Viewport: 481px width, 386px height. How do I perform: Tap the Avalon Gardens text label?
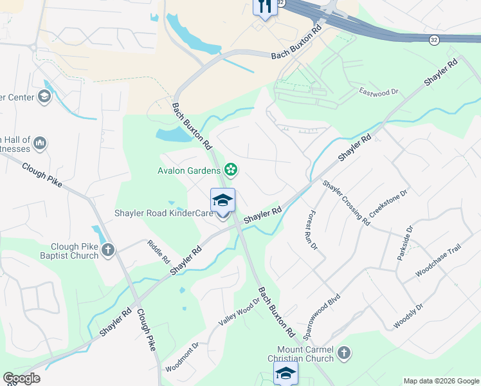click(x=190, y=170)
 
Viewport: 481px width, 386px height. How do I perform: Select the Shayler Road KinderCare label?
click(x=164, y=213)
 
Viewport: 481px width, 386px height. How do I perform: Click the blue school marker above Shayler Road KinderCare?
click(x=222, y=200)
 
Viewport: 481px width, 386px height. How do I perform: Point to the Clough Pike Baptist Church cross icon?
click(x=108, y=250)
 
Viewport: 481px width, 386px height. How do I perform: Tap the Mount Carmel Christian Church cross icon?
click(x=344, y=353)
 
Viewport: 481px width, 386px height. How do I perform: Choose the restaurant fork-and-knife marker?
click(x=265, y=6)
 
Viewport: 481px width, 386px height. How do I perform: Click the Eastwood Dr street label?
click(x=379, y=92)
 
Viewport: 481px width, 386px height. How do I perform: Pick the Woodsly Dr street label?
click(x=408, y=316)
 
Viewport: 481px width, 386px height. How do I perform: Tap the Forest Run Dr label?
click(x=314, y=230)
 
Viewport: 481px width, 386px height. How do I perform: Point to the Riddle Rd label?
click(x=158, y=252)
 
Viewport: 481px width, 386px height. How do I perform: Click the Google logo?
click(x=22, y=378)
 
